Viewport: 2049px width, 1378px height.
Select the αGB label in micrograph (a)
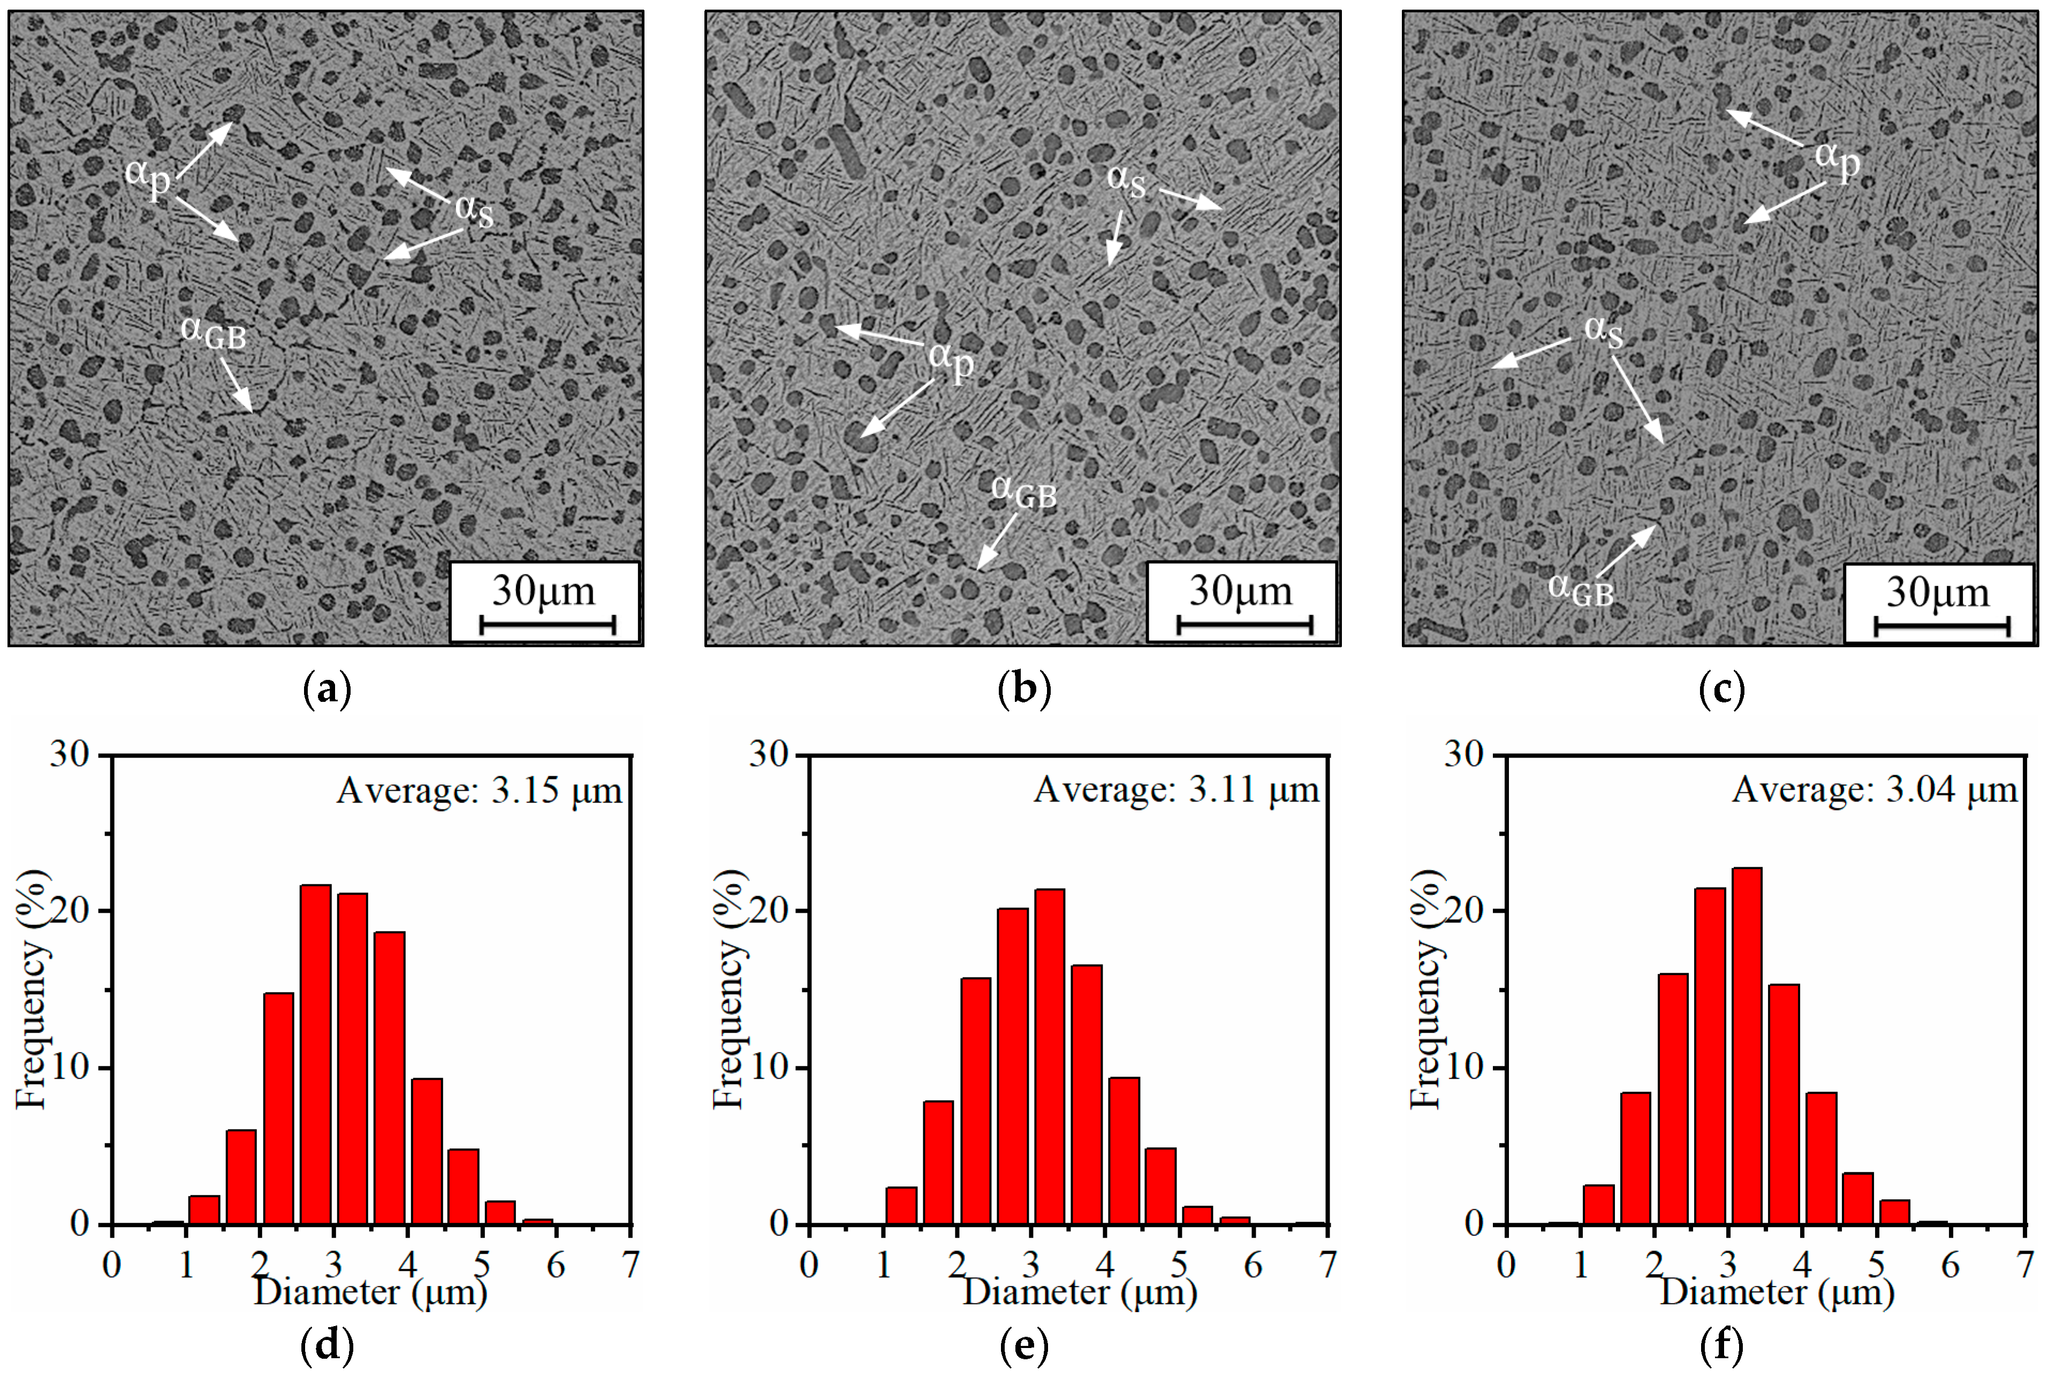pyautogui.click(x=214, y=332)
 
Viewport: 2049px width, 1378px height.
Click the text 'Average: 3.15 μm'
pyautogui.click(x=479, y=791)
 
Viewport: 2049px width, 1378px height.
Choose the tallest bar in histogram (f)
pyautogui.click(x=1747, y=1046)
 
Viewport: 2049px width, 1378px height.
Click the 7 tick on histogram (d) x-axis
pyautogui.click(x=630, y=1265)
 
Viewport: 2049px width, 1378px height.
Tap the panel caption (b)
pyautogui.click(x=1024, y=690)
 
